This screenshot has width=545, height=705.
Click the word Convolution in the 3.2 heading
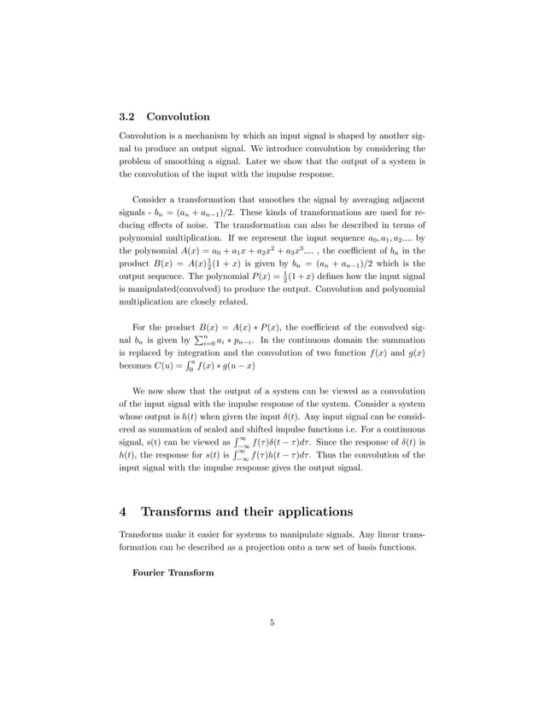tap(179, 116)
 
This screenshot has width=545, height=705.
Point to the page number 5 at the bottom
tap(272, 622)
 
